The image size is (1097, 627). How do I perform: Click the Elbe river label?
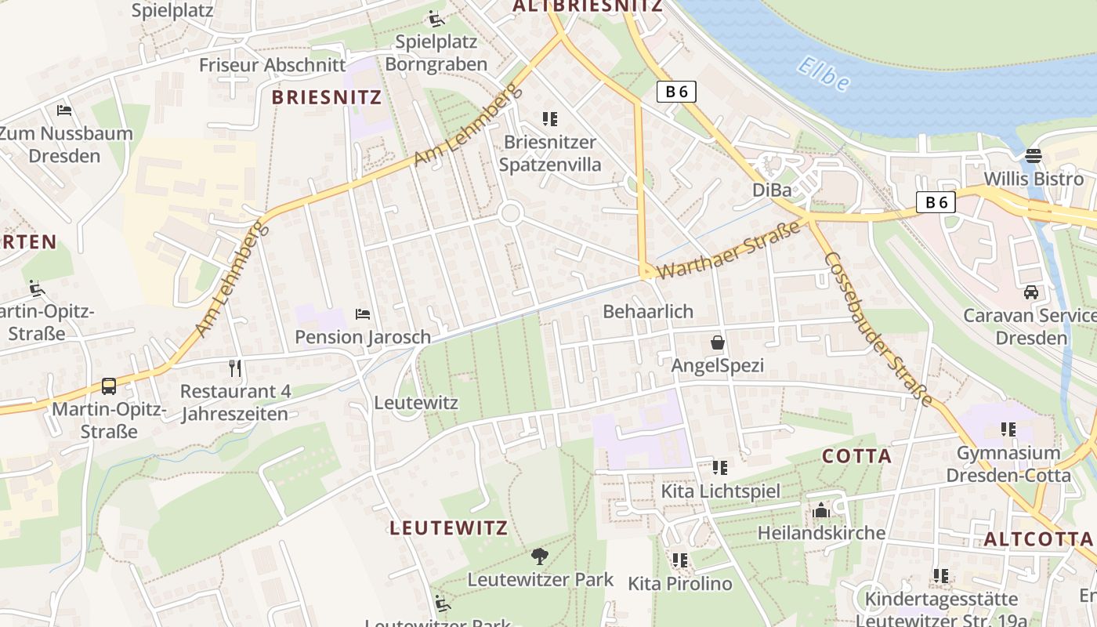(823, 74)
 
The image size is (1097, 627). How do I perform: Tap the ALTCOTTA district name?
(1038, 539)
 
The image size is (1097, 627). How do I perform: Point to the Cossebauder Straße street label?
(878, 329)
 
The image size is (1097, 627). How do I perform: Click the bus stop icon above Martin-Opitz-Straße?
(109, 386)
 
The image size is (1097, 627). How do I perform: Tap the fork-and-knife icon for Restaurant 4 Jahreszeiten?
(235, 368)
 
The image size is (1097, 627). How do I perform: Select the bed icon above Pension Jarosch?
(363, 314)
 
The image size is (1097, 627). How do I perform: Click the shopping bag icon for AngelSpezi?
(717, 342)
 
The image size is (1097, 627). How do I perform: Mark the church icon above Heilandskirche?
(821, 510)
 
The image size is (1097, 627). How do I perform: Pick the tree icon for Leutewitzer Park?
(539, 556)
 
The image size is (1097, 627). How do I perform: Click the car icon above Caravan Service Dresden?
(1031, 292)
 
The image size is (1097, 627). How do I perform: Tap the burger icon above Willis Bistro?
(1034, 155)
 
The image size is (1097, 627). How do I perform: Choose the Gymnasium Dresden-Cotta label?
(1008, 464)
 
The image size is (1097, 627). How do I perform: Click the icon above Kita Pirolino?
(679, 560)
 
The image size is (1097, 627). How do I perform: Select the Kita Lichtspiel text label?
(720, 491)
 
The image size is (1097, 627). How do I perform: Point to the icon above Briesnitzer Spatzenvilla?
(549, 119)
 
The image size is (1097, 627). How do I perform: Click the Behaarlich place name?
(648, 311)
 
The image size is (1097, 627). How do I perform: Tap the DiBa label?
(772, 190)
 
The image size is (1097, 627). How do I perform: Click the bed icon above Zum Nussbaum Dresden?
(64, 110)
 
